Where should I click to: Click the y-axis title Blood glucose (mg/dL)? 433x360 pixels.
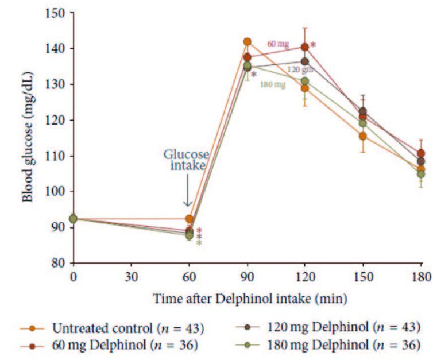(27, 138)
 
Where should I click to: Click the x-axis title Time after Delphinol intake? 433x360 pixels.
(250, 299)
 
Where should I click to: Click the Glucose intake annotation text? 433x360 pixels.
(186, 160)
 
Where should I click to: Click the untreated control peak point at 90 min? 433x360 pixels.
(247, 42)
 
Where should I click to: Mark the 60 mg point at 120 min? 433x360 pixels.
(305, 47)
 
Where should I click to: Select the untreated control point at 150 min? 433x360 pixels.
(363, 136)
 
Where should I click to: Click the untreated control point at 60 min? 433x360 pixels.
(189, 219)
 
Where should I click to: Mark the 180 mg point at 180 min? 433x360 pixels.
(421, 174)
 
